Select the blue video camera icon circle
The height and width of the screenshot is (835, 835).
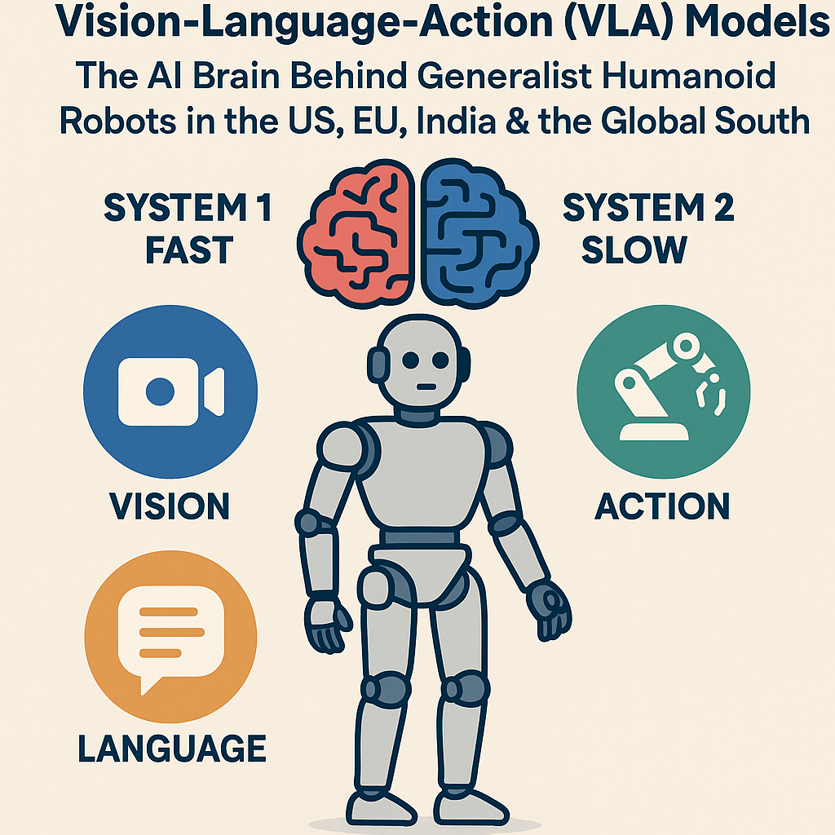[170, 392]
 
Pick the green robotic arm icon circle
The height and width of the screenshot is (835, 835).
[663, 391]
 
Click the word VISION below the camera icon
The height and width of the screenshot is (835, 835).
[170, 506]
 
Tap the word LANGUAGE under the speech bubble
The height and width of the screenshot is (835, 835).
[172, 749]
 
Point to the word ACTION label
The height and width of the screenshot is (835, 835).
[662, 506]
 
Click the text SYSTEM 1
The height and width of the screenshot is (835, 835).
[188, 210]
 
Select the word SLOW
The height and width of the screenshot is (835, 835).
[634, 250]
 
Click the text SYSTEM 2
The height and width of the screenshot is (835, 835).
[648, 210]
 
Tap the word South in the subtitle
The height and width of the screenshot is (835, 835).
[758, 121]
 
